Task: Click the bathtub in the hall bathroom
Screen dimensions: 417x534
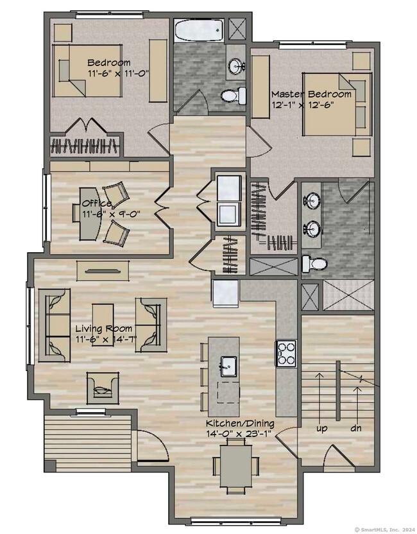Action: pos(199,31)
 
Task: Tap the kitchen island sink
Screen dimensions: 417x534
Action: pos(228,366)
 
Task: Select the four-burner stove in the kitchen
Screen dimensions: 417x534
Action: pos(286,353)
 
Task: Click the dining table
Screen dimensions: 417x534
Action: pos(235,466)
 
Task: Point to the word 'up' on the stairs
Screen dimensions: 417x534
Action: pos(321,429)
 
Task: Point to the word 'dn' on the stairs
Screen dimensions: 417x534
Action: pos(356,427)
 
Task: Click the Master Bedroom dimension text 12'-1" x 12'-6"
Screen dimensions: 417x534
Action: pos(301,105)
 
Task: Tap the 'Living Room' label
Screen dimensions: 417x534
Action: pos(104,329)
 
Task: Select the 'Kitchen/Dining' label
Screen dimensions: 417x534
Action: pos(240,424)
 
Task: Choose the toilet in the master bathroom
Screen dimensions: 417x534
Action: pos(314,264)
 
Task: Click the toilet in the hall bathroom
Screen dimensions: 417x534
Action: pos(234,96)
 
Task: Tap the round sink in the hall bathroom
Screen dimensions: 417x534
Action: pos(235,65)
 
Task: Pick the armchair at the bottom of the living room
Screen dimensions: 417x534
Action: pos(103,388)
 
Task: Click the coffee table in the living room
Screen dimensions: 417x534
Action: pos(103,325)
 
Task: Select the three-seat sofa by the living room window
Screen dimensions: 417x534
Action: pos(55,325)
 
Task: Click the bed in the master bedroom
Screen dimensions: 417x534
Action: pos(336,105)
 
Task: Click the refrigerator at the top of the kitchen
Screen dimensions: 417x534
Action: pos(225,293)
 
